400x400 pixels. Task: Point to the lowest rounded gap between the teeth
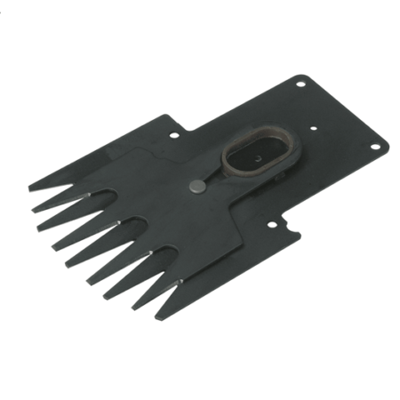pos(178,281)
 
